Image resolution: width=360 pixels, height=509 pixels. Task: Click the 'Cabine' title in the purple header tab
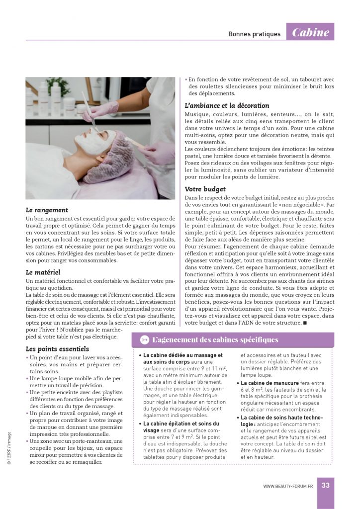coord(311,33)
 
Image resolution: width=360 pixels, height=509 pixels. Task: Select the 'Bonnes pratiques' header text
coord(254,34)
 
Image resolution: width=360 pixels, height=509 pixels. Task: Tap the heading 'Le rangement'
coord(47,210)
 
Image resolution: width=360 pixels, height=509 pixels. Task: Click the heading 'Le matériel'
coord(43,272)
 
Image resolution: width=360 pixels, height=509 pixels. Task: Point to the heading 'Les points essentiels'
coord(57,348)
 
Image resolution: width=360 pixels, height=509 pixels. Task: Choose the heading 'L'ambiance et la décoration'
coord(227,105)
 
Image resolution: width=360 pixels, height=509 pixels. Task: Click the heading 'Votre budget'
coord(205,189)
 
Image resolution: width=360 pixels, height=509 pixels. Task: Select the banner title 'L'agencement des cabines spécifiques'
coord(215,340)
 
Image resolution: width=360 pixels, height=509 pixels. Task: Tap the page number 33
coord(326,485)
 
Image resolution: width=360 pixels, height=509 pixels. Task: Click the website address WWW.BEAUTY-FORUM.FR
coord(288,486)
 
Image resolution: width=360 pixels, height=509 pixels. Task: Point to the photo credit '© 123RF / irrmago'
coord(9,447)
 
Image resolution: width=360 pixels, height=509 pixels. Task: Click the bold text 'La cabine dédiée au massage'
coord(182,355)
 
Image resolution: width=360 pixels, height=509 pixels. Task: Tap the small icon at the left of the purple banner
coord(144,340)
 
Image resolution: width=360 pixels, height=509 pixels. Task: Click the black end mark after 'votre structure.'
coord(305,323)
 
